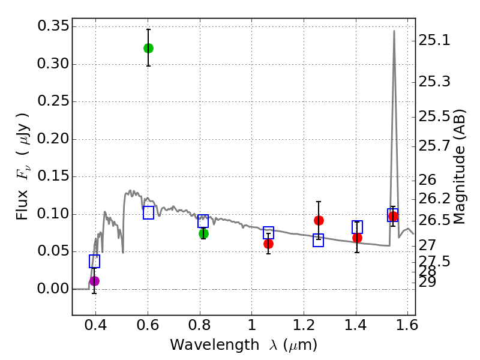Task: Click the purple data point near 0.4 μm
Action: coord(94,281)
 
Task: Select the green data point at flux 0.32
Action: coord(148,48)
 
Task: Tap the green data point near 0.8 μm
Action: coord(203,233)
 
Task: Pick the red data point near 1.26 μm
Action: coord(319,220)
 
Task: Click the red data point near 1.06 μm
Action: coord(268,244)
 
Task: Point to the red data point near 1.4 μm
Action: coord(357,238)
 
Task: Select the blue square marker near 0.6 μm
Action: coord(149,212)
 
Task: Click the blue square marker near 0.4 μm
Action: coord(94,261)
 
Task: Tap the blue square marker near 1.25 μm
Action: coord(318,240)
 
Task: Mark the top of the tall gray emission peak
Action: coord(394,31)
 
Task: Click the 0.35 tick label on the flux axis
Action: coord(53,26)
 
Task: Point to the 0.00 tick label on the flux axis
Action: coord(53,289)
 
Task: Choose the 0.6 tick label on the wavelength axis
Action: coord(148,328)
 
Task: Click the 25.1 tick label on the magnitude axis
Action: coord(434,41)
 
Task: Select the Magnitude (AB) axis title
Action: coord(460,167)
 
